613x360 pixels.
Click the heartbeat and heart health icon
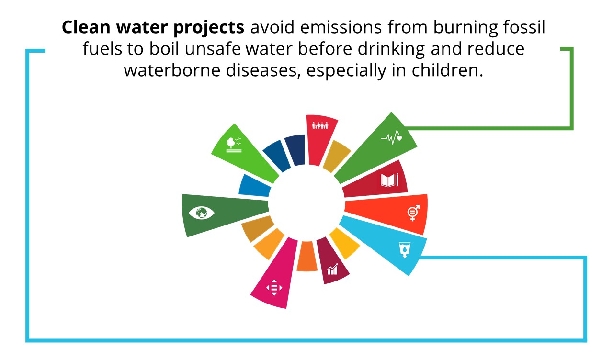[392, 137]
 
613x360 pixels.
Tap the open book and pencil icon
[390, 180]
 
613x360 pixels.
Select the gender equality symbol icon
[413, 213]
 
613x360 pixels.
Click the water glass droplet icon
[405, 249]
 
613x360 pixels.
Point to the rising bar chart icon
[332, 269]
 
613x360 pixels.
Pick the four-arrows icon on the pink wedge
[274, 288]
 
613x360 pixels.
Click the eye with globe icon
[202, 213]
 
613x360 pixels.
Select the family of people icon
[320, 125]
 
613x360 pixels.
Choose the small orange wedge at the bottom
[307, 256]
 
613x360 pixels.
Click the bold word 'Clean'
[86, 27]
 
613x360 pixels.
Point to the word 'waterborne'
[172, 70]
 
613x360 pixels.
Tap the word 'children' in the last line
[447, 70]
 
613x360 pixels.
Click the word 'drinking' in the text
[391, 49]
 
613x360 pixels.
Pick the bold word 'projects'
[209, 28]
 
